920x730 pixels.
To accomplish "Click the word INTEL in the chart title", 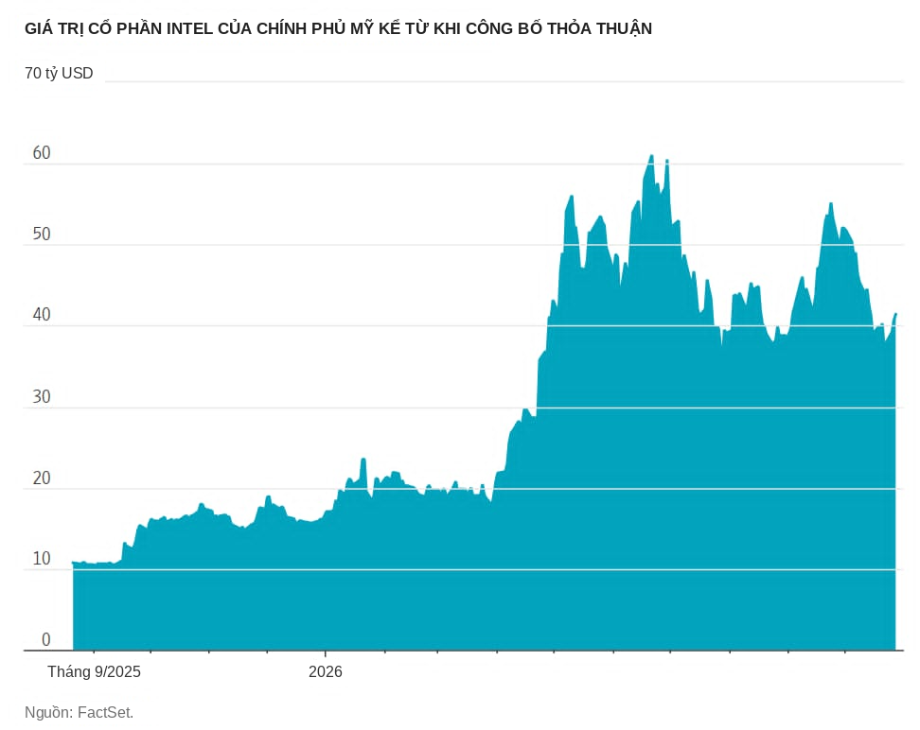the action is click(x=189, y=28).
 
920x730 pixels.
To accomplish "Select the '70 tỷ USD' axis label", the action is click(x=59, y=74).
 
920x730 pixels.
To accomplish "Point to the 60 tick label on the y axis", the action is click(x=42, y=153).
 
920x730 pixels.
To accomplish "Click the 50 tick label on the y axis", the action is click(x=42, y=234).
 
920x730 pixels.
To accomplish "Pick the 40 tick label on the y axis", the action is click(x=42, y=315).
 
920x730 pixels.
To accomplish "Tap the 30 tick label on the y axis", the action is click(x=42, y=397).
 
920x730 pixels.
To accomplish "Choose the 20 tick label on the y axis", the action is click(x=42, y=478).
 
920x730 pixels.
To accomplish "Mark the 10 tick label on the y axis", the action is click(x=42, y=559).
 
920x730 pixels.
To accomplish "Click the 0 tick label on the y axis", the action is click(x=46, y=640).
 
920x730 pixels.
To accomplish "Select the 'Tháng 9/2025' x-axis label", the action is click(x=95, y=672).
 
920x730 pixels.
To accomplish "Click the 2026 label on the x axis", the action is click(x=325, y=672).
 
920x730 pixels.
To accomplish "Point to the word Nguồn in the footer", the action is click(x=48, y=713).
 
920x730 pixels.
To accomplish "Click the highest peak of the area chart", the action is click(x=651, y=155).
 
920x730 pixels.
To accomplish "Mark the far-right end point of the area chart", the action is click(x=896, y=314).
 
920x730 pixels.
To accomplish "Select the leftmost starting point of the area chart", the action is click(x=73, y=563).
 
